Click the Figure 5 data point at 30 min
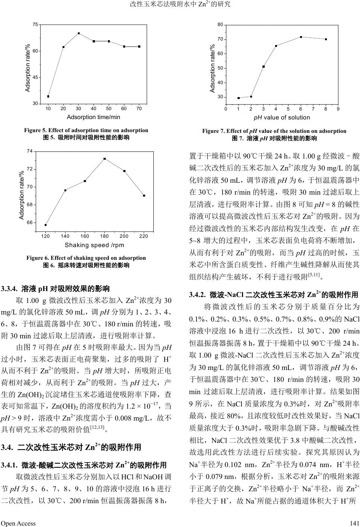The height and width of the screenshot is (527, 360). pyautogui.click(x=79, y=33)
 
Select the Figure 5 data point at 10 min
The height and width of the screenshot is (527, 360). pyautogui.click(x=48, y=96)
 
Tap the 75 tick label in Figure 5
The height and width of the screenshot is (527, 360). pyautogui.click(x=35, y=25)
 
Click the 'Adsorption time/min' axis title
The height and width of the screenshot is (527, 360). pyautogui.click(x=93, y=117)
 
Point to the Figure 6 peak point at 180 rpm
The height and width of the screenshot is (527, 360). pyautogui.click(x=105, y=159)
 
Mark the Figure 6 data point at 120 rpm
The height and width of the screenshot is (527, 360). pyautogui.click(x=45, y=225)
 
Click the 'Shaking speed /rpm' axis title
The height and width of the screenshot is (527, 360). pyautogui.click(x=95, y=245)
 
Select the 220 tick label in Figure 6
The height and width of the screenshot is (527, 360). pyautogui.click(x=144, y=236)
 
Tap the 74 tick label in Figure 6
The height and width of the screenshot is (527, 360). pyautogui.click(x=30, y=151)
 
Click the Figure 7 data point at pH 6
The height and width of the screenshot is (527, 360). pyautogui.click(x=301, y=37)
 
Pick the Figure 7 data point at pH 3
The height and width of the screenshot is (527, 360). pyautogui.click(x=264, y=67)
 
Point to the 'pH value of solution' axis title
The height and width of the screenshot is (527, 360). pyautogui.click(x=281, y=118)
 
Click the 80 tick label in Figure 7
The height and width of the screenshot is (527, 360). pyautogui.click(x=220, y=25)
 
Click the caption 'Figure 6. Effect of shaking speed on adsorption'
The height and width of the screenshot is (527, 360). pyautogui.click(x=86, y=258)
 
